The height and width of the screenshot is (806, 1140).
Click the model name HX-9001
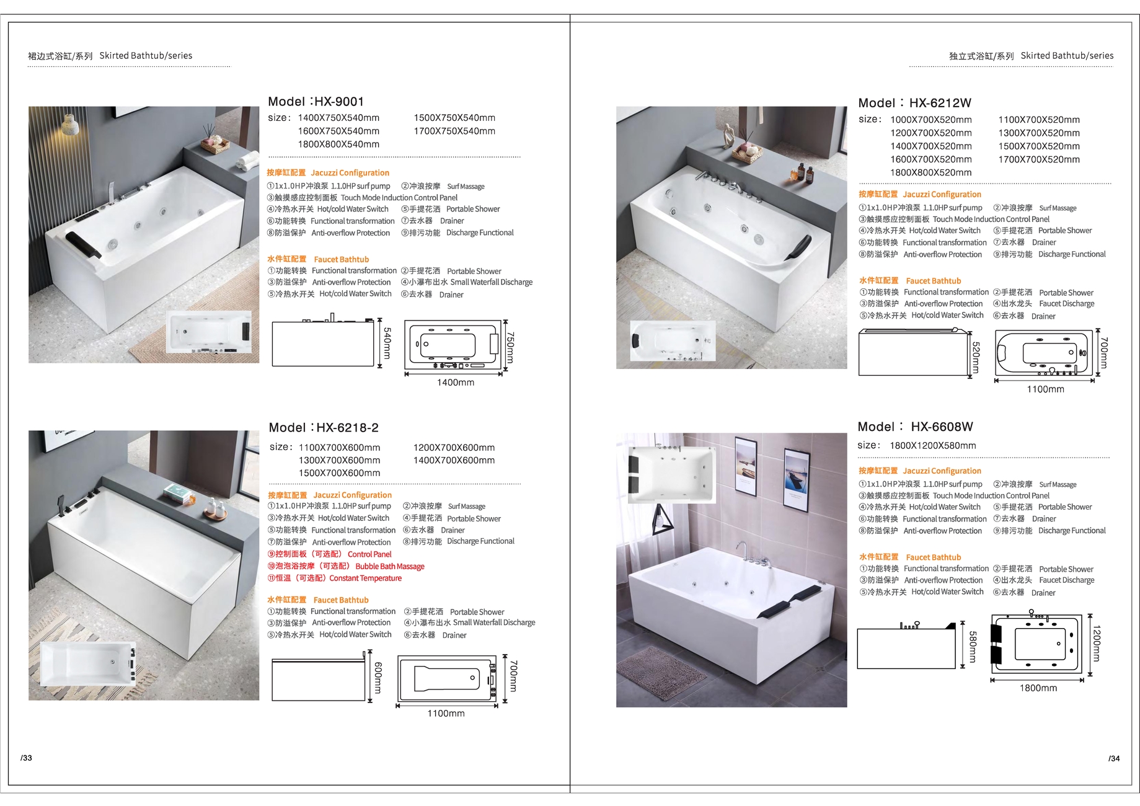click(339, 102)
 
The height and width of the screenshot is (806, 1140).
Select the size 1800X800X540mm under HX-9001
click(338, 144)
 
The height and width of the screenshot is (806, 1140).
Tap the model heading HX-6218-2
click(347, 428)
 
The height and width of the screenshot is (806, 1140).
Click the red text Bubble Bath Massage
click(390, 566)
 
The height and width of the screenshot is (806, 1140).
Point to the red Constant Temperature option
click(366, 578)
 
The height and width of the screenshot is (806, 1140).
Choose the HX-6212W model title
click(940, 104)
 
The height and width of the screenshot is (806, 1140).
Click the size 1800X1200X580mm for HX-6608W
click(933, 446)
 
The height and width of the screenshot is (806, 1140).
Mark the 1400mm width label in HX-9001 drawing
click(456, 383)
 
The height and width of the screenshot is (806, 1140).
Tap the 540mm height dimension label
click(387, 343)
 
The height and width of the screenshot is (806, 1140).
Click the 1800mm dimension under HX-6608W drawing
click(1038, 688)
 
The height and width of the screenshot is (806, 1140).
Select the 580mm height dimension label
click(973, 647)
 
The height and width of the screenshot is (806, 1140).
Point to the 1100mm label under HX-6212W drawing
click(1045, 389)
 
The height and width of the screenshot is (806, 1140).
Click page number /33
click(26, 758)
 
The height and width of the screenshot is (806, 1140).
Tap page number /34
click(1114, 758)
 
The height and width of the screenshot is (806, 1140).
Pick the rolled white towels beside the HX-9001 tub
click(247, 161)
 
